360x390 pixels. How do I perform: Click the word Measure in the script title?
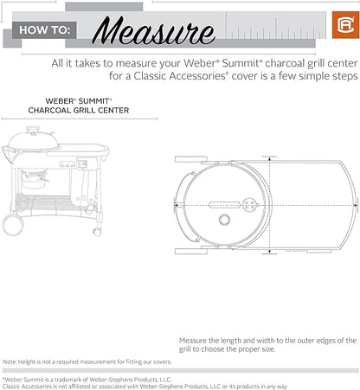click(x=154, y=30)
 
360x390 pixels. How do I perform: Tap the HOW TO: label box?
click(x=44, y=30)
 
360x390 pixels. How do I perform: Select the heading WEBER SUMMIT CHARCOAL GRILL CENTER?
click(x=79, y=105)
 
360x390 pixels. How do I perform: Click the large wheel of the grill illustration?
click(x=13, y=226)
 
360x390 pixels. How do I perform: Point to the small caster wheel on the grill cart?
click(x=97, y=232)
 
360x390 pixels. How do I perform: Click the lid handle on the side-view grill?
click(x=33, y=129)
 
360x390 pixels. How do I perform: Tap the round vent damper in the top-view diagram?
click(x=249, y=205)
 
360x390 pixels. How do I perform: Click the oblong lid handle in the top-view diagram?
click(x=224, y=205)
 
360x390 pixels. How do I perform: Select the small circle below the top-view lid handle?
click(x=224, y=220)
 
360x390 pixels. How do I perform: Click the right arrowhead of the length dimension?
click(x=356, y=205)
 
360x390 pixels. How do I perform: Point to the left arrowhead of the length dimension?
click(x=176, y=205)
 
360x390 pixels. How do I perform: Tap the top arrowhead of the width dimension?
click(x=269, y=158)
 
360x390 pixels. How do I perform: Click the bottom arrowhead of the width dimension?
click(x=269, y=252)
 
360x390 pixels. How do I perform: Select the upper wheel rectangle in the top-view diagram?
click(x=191, y=159)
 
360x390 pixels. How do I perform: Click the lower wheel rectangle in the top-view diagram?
click(x=191, y=252)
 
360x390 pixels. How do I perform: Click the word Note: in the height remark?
click(x=10, y=361)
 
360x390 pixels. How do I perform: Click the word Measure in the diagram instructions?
click(x=193, y=341)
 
